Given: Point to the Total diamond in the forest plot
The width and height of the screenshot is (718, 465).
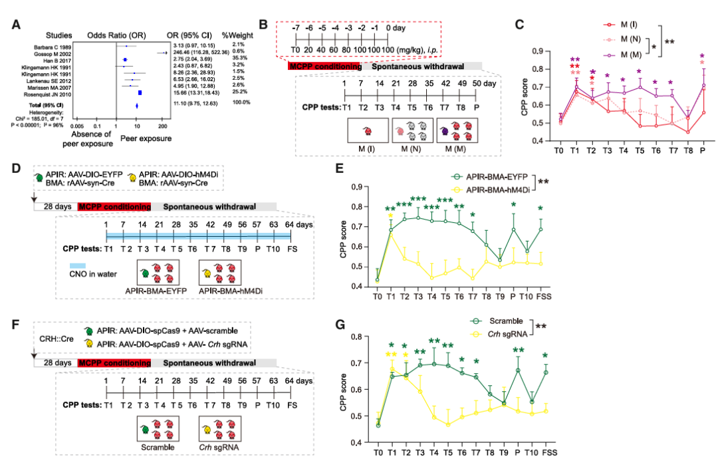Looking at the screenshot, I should [x=137, y=105].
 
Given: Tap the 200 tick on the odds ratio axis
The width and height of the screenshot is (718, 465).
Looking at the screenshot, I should [x=162, y=125].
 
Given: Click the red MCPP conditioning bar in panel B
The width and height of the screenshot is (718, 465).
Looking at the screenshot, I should [x=324, y=66].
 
